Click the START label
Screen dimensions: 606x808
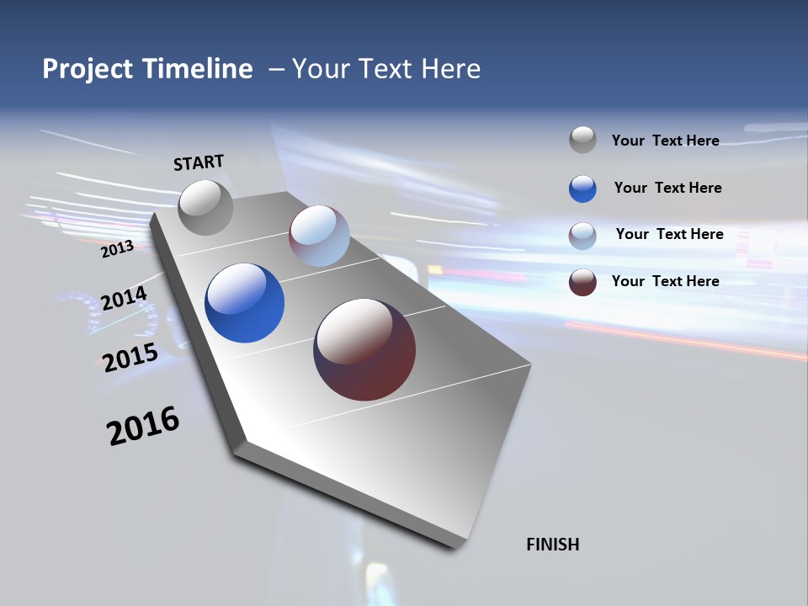click(199, 162)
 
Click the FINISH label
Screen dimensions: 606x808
click(552, 545)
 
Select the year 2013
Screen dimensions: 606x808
click(117, 249)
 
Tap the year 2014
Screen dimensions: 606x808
click(124, 298)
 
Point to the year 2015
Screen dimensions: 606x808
click(130, 358)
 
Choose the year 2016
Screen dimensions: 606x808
click(143, 425)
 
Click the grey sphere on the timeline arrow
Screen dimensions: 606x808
click(206, 207)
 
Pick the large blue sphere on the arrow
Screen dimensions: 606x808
click(244, 303)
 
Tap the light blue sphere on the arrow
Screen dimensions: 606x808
click(319, 236)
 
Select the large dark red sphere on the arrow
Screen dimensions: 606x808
click(364, 349)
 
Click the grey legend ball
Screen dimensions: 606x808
click(582, 140)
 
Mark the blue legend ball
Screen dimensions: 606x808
click(582, 188)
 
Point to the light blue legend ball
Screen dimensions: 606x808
click(582, 235)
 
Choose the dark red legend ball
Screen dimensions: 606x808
click(582, 282)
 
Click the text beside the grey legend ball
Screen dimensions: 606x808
click(665, 141)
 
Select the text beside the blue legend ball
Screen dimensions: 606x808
click(667, 188)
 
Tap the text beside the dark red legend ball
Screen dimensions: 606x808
click(665, 281)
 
